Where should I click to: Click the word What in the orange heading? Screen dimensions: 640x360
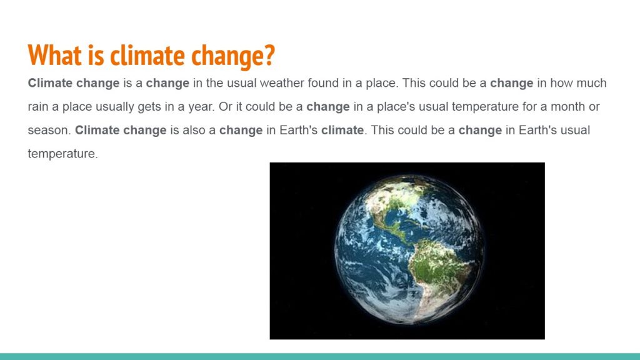tap(55, 55)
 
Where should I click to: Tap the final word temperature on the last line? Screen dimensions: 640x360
tap(63, 154)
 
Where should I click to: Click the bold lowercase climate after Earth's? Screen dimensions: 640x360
tap(342, 130)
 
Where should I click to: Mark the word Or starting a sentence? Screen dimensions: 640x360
tap(225, 106)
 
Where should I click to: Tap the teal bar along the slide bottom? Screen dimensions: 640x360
tap(320, 356)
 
